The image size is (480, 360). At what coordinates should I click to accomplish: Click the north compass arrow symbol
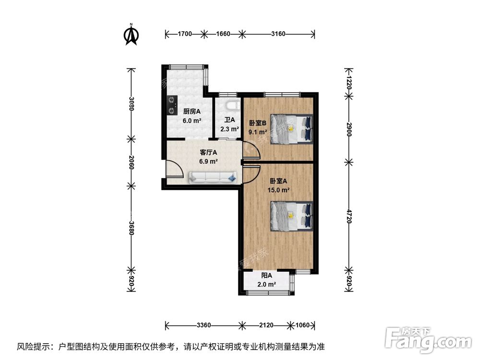coord(131,35)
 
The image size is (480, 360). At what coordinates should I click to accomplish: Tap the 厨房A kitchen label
coord(192,111)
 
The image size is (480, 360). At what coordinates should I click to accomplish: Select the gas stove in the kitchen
coord(171,105)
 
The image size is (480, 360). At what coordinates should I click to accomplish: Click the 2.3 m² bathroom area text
coord(229,129)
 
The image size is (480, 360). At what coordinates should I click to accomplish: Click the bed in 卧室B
coord(291,129)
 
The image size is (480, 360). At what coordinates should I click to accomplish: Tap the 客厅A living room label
coord(208,152)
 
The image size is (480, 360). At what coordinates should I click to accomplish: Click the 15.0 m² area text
coord(278,190)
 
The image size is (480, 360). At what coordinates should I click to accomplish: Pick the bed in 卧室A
coord(291,216)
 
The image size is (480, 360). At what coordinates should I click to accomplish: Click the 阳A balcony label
coord(267,276)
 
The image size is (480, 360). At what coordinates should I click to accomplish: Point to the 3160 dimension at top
coord(278,34)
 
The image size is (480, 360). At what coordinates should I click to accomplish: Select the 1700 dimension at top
coord(185,34)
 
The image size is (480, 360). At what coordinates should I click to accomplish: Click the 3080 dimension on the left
coord(131,104)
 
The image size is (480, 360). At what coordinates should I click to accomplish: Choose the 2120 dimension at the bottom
coord(266,325)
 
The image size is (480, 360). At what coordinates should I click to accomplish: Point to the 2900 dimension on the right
coord(349,129)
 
